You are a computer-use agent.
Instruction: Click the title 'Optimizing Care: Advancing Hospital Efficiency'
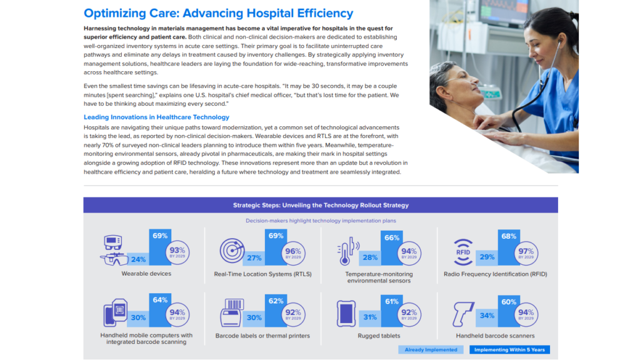218,13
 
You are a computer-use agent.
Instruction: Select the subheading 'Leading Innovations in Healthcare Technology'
156,117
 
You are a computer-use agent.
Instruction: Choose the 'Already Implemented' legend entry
431,350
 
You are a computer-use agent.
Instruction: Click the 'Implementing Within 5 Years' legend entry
509,350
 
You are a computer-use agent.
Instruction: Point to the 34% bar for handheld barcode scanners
486,316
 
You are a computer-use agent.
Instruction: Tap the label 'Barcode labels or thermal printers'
262,336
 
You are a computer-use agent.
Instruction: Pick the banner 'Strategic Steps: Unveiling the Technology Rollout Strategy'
321,205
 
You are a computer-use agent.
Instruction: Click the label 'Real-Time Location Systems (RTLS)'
262,274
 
